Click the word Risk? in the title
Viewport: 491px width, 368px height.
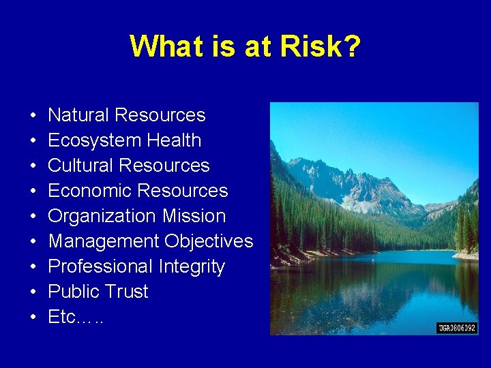(321, 46)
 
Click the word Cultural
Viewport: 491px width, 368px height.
(81, 166)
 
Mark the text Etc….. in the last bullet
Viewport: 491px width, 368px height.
(76, 317)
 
